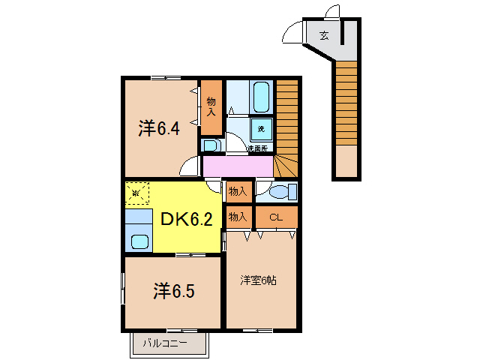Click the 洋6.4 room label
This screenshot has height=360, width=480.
click(x=158, y=128)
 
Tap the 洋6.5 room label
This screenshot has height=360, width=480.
click(x=175, y=291)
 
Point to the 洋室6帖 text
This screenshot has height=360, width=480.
click(x=259, y=280)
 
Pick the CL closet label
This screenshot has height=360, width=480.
click(x=275, y=217)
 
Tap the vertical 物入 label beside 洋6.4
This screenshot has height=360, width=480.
click(x=211, y=106)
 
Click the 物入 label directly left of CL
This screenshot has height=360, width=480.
click(x=238, y=217)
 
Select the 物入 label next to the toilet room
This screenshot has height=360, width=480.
click(x=238, y=192)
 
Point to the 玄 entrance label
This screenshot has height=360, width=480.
click(x=323, y=34)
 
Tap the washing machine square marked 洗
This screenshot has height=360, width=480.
click(x=261, y=128)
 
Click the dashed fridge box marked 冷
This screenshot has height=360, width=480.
click(x=136, y=193)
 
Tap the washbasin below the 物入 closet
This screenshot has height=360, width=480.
click(x=210, y=145)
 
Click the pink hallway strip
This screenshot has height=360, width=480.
click(x=238, y=166)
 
